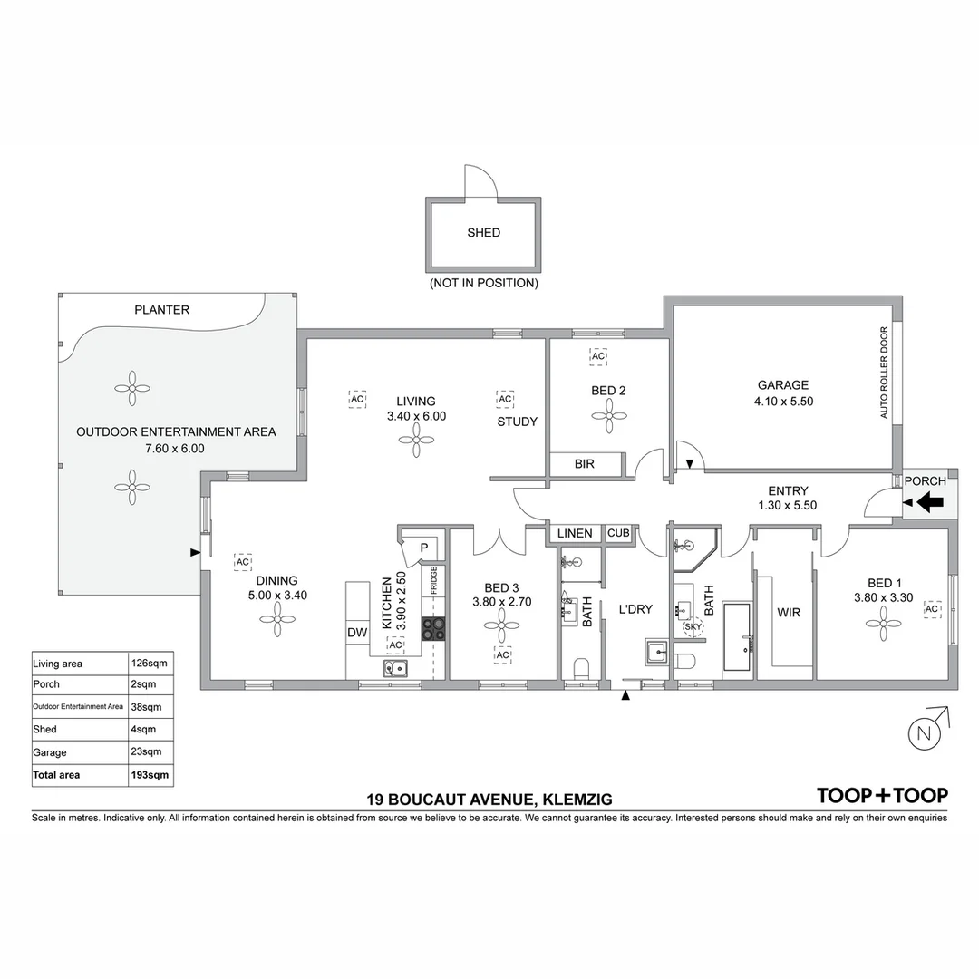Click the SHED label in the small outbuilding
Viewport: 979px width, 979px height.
pos(483,233)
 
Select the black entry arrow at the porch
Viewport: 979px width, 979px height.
pos(930,501)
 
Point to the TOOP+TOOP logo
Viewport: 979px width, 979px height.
pos(882,795)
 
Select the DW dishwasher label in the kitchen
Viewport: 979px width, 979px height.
pos(357,633)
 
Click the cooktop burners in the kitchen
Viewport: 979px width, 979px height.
pos(434,628)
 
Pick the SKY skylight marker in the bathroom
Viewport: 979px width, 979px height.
pos(693,626)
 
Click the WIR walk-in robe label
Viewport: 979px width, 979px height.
pos(789,613)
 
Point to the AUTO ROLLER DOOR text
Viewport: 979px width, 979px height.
pos(885,373)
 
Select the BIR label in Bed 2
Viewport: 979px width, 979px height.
pos(585,464)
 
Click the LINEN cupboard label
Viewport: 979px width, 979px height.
pos(575,533)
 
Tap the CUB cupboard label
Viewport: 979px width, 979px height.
pos(618,533)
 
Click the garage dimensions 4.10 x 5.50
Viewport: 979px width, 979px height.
pos(783,401)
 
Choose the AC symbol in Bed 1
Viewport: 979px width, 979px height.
pos(931,609)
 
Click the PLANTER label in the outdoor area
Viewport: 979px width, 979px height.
pos(162,310)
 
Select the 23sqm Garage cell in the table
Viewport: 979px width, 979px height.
pos(147,751)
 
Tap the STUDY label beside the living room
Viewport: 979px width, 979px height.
pos(517,422)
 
